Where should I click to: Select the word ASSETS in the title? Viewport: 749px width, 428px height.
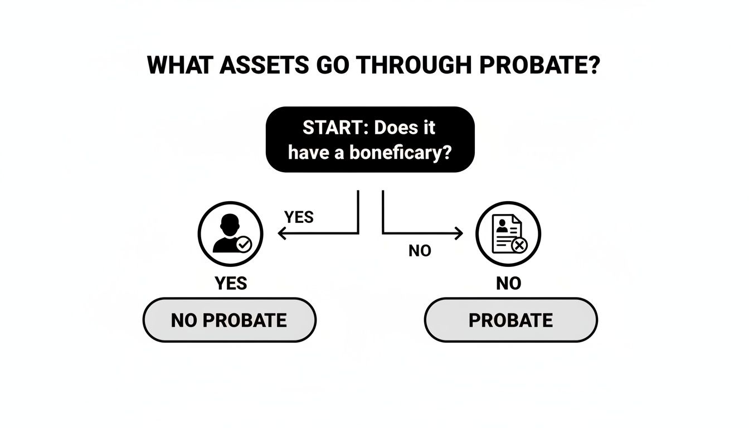pyautogui.click(x=264, y=66)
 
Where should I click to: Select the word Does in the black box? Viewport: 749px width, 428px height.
pyautogui.click(x=397, y=128)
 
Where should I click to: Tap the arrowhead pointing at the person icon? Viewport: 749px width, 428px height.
pyautogui.click(x=281, y=235)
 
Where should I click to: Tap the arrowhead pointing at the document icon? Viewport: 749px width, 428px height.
pyautogui.click(x=459, y=235)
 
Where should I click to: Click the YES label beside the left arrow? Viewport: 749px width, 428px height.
pyautogui.click(x=299, y=217)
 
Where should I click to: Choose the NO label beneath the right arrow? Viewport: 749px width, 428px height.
pyautogui.click(x=420, y=251)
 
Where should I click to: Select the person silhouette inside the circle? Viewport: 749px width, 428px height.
pyautogui.click(x=227, y=234)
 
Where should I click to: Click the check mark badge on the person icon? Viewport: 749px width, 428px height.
pyautogui.click(x=244, y=244)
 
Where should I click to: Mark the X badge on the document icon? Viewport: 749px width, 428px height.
pyautogui.click(x=519, y=244)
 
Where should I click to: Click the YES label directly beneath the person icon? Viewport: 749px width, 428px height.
pyautogui.click(x=231, y=284)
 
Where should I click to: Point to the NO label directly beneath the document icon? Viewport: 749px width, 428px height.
pyautogui.click(x=508, y=284)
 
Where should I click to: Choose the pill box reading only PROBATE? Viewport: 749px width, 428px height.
pyautogui.click(x=510, y=320)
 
